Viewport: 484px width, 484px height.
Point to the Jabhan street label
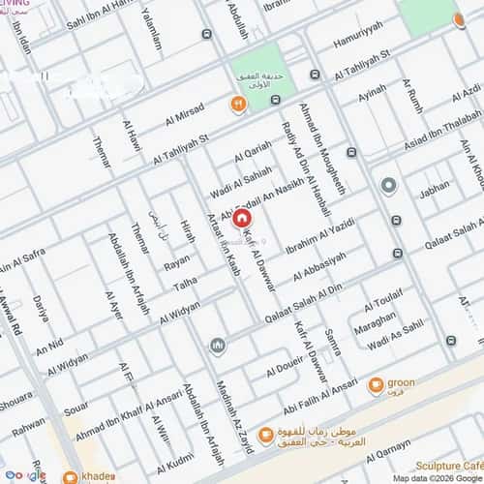click(434, 192)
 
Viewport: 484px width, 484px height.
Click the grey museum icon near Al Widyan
click(216, 346)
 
